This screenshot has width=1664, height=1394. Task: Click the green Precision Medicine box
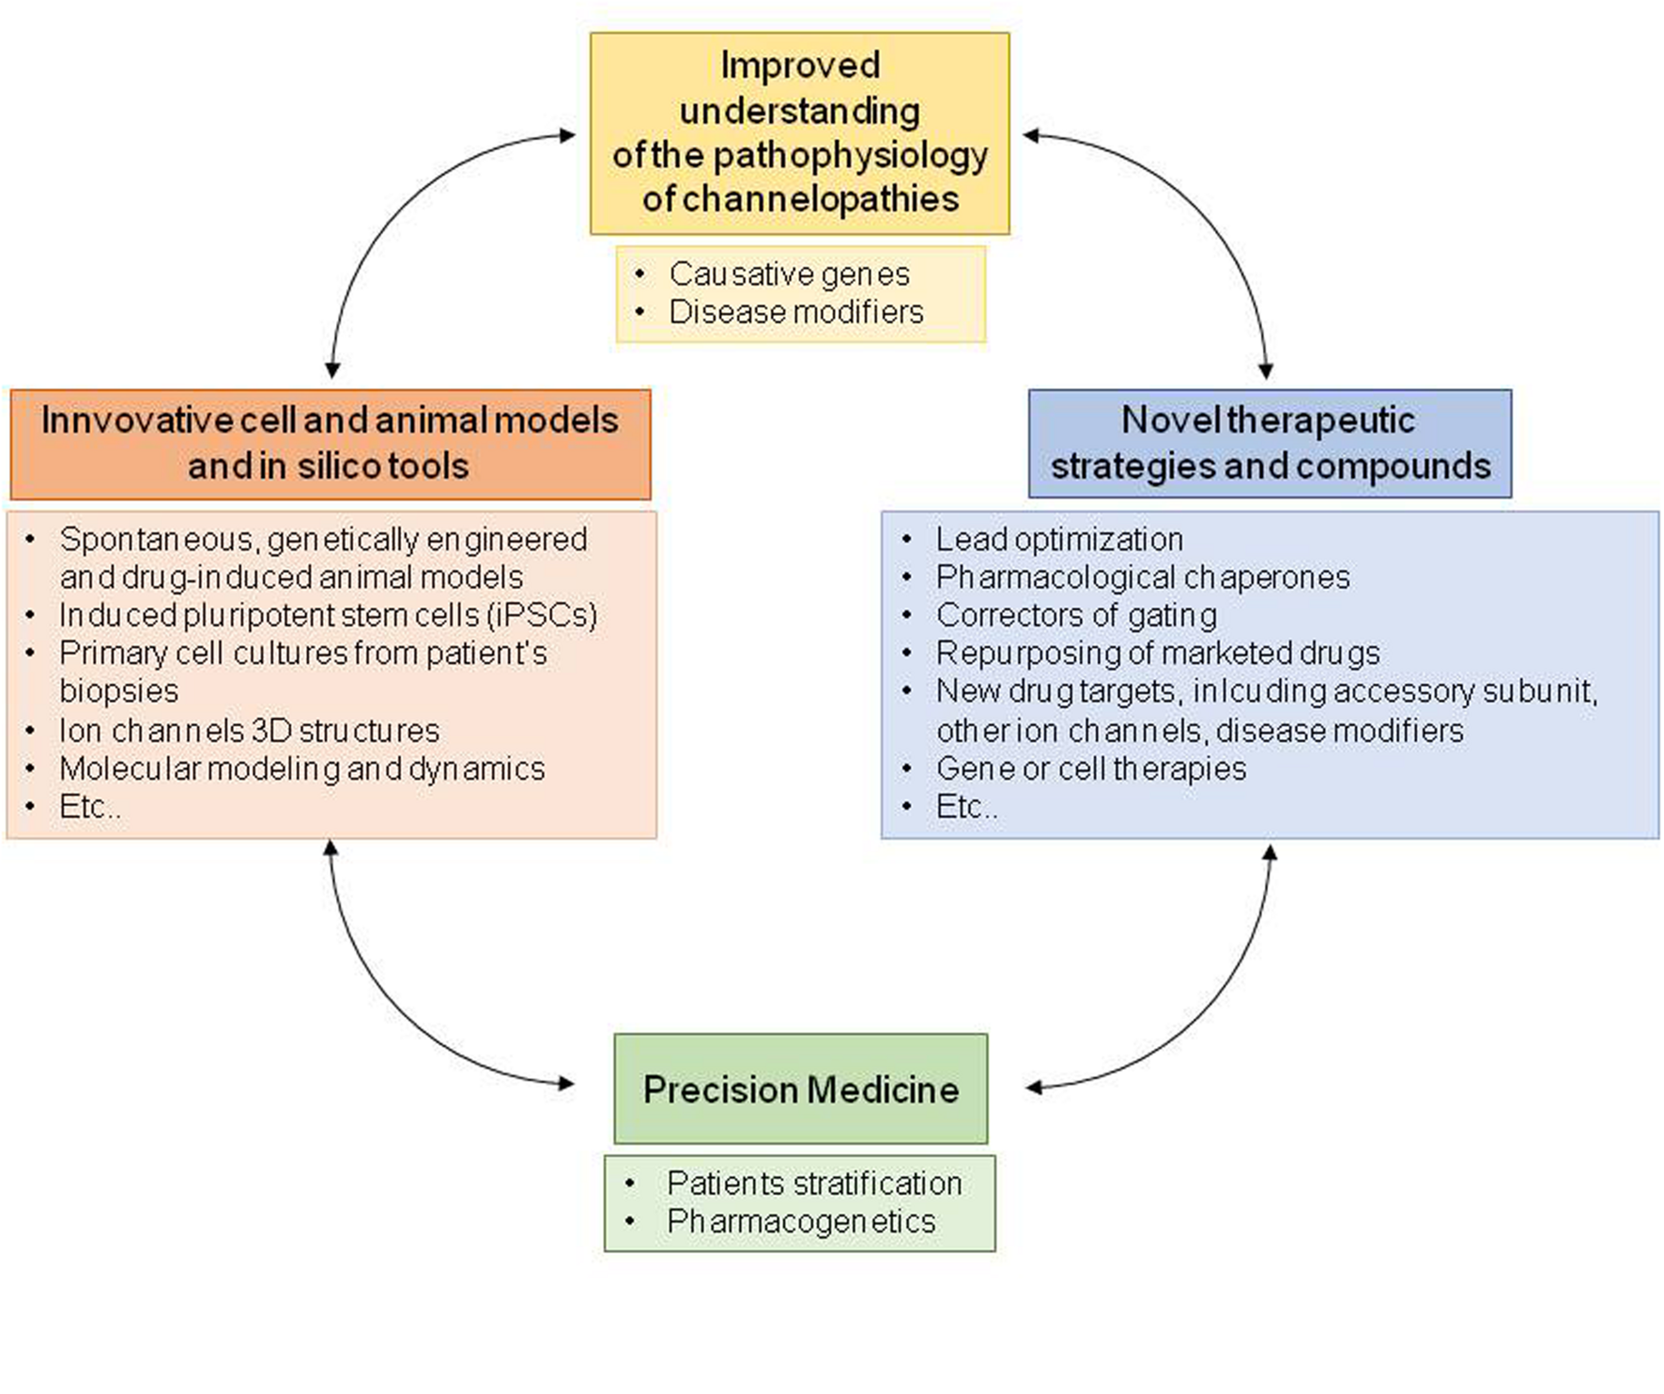pyautogui.click(x=800, y=1089)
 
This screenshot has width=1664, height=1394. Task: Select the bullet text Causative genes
pyautogui.click(x=789, y=274)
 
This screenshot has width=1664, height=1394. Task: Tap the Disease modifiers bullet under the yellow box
pyautogui.click(x=795, y=312)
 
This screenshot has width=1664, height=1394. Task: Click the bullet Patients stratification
pyautogui.click(x=813, y=1183)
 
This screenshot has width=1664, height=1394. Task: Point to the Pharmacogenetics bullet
pyautogui.click(x=800, y=1221)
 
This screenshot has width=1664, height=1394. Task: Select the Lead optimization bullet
pyautogui.click(x=1058, y=539)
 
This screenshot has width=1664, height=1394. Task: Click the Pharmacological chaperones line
pyautogui.click(x=1142, y=577)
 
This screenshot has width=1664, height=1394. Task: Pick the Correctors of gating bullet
pyautogui.click(x=1076, y=615)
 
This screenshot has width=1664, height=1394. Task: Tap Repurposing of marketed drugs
pyautogui.click(x=1157, y=653)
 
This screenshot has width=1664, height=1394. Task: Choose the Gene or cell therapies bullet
pyautogui.click(x=1090, y=768)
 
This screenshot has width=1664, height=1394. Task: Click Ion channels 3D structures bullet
pyautogui.click(x=249, y=731)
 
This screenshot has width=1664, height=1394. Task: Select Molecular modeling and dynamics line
pyautogui.click(x=301, y=768)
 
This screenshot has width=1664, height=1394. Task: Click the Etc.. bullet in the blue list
pyautogui.click(x=966, y=807)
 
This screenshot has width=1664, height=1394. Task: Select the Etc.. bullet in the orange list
pyautogui.click(x=89, y=807)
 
